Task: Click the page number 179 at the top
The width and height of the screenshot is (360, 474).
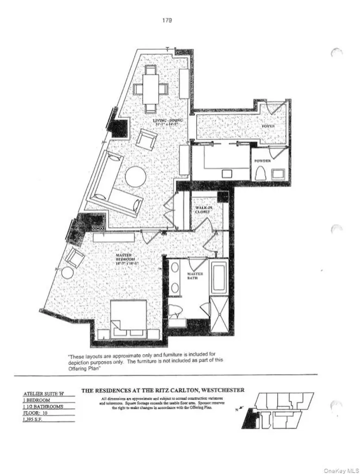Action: (x=167, y=20)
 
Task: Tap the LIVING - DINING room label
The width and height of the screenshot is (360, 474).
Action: (x=168, y=123)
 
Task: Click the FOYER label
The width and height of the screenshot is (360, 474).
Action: (x=268, y=125)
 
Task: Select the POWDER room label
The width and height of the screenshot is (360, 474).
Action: (x=262, y=160)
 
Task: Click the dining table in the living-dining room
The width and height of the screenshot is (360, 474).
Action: (x=151, y=89)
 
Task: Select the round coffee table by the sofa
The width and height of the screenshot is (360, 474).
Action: (x=136, y=176)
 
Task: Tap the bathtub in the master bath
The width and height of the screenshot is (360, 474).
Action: (x=219, y=277)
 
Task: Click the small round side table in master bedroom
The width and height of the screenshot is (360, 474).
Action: (x=68, y=273)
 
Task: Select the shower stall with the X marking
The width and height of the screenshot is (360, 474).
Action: (x=219, y=314)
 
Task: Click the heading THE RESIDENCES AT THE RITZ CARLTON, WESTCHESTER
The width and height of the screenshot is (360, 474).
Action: (x=163, y=391)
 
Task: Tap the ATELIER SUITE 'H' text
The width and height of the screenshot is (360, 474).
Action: (x=43, y=393)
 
